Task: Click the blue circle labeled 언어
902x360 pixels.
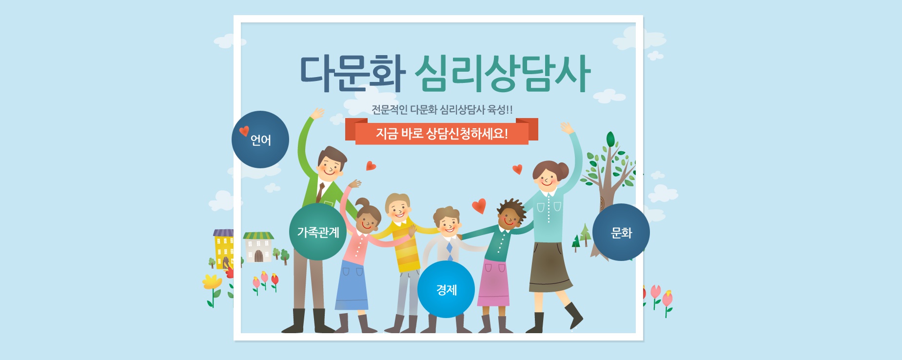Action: click(260, 140)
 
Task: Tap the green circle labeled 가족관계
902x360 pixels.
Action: click(318, 232)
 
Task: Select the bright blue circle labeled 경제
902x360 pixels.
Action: click(446, 289)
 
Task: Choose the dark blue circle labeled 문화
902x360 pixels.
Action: click(621, 232)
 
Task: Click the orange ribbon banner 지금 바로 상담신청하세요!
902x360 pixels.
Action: click(442, 133)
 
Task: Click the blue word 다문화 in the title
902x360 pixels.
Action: click(353, 74)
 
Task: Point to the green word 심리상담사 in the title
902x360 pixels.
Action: click(502, 74)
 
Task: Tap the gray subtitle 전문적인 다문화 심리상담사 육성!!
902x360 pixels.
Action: click(442, 109)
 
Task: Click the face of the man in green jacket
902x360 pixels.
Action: click(330, 168)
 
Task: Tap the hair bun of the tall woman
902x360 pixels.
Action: click(563, 170)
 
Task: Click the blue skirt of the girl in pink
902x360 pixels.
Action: click(352, 285)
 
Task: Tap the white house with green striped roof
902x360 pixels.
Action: click(258, 247)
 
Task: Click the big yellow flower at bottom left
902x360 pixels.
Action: click(212, 282)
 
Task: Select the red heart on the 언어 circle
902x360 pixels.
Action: click(244, 131)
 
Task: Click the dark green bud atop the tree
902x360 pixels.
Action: click(610, 140)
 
